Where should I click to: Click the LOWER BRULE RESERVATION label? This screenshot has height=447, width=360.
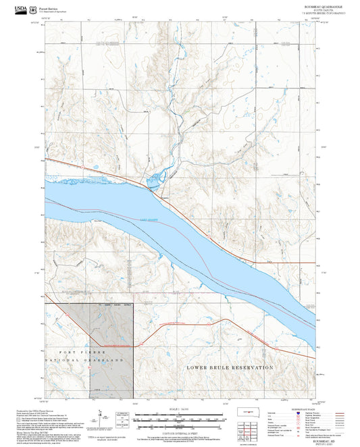[229, 367]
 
